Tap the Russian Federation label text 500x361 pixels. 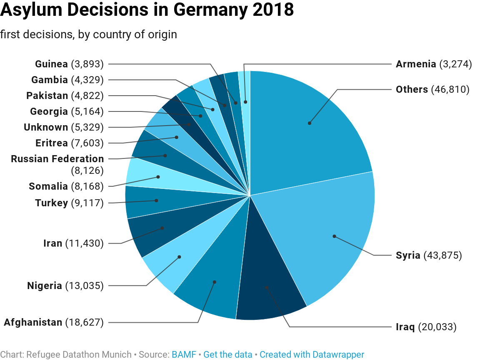(57, 159)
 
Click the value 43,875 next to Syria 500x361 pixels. (443, 255)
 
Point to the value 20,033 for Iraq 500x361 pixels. (437, 327)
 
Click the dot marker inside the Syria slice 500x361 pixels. (334, 236)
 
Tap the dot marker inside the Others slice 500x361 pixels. (309, 123)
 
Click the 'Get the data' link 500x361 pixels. (228, 355)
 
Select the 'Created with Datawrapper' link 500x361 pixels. (312, 355)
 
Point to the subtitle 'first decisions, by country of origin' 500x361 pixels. (88, 35)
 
